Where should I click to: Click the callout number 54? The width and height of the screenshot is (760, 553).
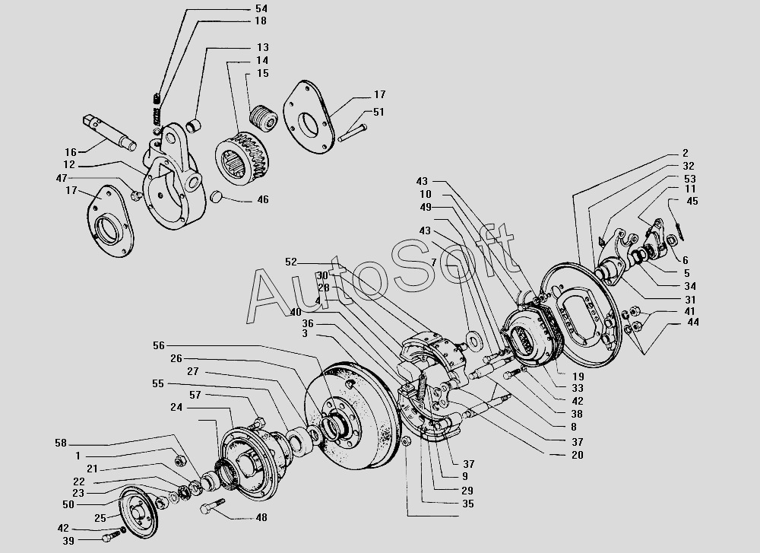pos(261,8)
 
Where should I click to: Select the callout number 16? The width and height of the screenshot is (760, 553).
pos(71,152)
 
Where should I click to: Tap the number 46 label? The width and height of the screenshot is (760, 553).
pos(263,200)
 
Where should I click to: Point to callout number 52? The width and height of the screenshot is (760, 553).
pos(291,262)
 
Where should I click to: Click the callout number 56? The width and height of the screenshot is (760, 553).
pos(159,346)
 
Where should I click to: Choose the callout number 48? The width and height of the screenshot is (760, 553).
pos(261,517)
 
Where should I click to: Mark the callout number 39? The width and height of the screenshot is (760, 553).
pos(68,541)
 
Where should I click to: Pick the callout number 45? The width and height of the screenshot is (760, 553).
pos(692,202)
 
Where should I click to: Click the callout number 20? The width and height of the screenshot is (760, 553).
pos(578,455)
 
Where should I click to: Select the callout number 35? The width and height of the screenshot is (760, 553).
pos(467,504)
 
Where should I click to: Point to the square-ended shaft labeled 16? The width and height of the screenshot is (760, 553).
pos(109,130)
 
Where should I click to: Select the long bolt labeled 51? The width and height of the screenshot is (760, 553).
pos(353,133)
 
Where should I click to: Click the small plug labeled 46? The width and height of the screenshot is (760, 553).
pos(217,197)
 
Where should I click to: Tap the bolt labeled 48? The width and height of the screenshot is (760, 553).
pos(212,506)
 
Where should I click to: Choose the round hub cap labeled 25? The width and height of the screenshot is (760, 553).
pos(138,511)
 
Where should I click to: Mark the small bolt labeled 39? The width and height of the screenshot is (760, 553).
pos(112,536)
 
